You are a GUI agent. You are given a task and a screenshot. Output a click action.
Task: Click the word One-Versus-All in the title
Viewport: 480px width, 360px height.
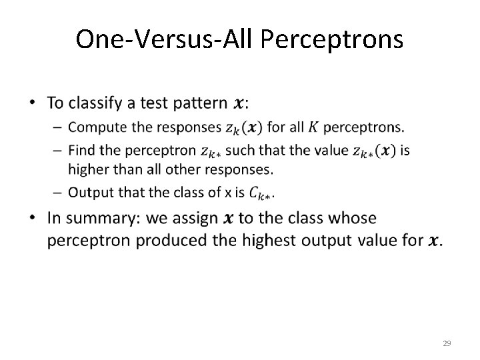pos(165,39)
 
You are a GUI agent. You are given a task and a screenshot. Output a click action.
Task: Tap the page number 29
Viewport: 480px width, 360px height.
pos(447,343)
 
